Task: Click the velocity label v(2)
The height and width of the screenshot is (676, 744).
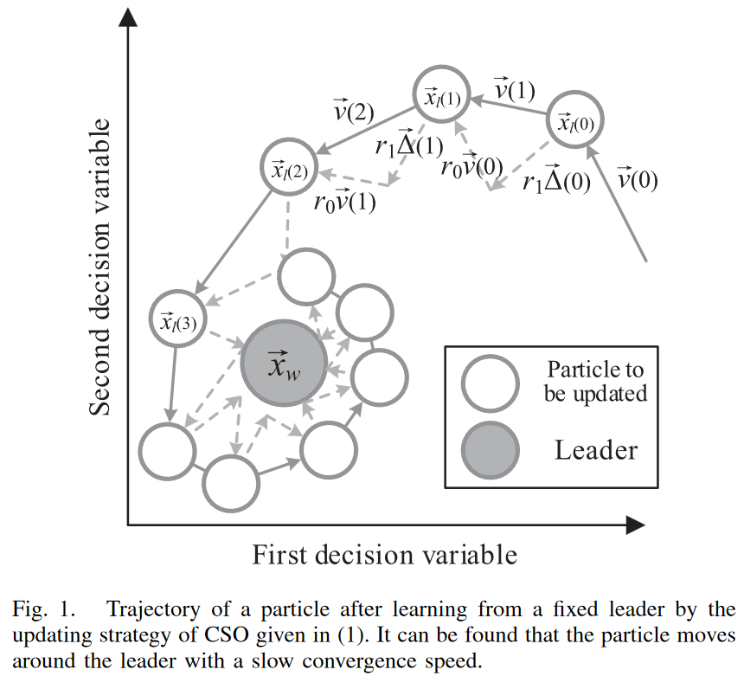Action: (353, 110)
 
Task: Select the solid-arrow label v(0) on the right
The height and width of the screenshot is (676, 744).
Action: (639, 180)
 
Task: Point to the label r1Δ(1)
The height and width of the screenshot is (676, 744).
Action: (407, 145)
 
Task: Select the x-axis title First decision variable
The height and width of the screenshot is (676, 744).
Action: (384, 554)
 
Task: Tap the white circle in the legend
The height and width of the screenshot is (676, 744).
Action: (491, 383)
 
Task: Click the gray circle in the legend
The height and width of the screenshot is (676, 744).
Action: (491, 451)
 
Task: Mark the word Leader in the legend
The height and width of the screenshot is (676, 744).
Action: (596, 450)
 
